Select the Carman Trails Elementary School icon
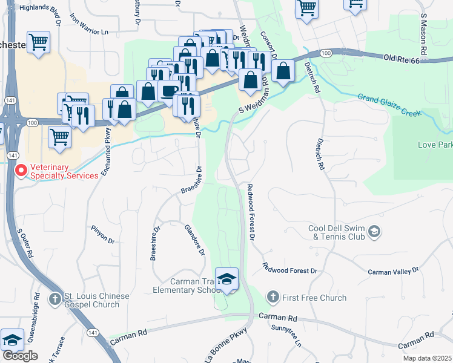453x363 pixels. (226, 278)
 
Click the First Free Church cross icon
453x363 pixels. (273, 297)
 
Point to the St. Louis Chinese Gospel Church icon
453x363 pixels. (55, 299)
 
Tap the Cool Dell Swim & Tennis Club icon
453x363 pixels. (374, 232)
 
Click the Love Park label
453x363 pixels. (435, 145)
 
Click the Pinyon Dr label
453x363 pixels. (102, 235)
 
